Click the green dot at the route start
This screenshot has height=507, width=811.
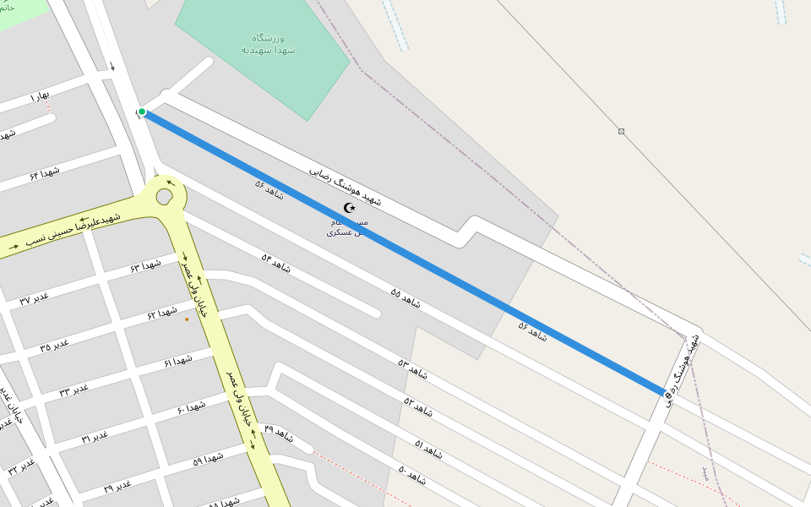pos(142,112)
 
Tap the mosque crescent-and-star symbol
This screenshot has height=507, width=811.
pos(350,208)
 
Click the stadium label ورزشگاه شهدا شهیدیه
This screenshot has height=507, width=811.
pos(268,44)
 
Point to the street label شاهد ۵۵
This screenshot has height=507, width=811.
pos(405,297)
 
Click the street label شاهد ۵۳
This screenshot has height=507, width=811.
pos(413,368)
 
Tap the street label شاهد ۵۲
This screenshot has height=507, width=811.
pos(418,406)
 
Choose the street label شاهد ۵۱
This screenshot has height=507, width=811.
pos(429,444)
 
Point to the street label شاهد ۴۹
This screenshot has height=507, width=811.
pos(279,434)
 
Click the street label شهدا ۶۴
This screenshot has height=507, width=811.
pos(45,173)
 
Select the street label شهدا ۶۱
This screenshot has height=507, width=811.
pos(178,362)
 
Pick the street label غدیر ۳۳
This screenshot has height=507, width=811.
pos(73,390)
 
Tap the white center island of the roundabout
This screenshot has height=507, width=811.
pos(164,197)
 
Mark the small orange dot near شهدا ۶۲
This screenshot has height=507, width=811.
pos(187,319)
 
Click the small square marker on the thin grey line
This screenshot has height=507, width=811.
pos(621,131)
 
